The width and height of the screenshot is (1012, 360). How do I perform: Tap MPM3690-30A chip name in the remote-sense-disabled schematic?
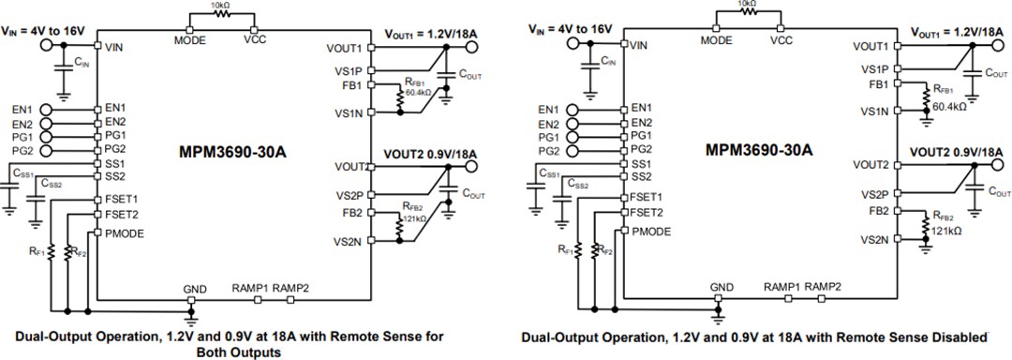tap(759, 149)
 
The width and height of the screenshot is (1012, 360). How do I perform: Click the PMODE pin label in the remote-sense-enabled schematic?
tap(125, 232)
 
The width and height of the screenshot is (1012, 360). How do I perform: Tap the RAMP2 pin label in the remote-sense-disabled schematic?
tap(824, 286)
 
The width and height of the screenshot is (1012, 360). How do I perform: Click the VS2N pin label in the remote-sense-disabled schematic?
tap(876, 240)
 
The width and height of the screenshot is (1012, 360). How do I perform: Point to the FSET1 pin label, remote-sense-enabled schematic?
tap(122, 199)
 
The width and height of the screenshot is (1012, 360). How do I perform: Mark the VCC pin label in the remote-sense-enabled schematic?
tap(255, 41)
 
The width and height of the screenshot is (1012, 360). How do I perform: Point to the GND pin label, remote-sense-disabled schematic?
tap(722, 286)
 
